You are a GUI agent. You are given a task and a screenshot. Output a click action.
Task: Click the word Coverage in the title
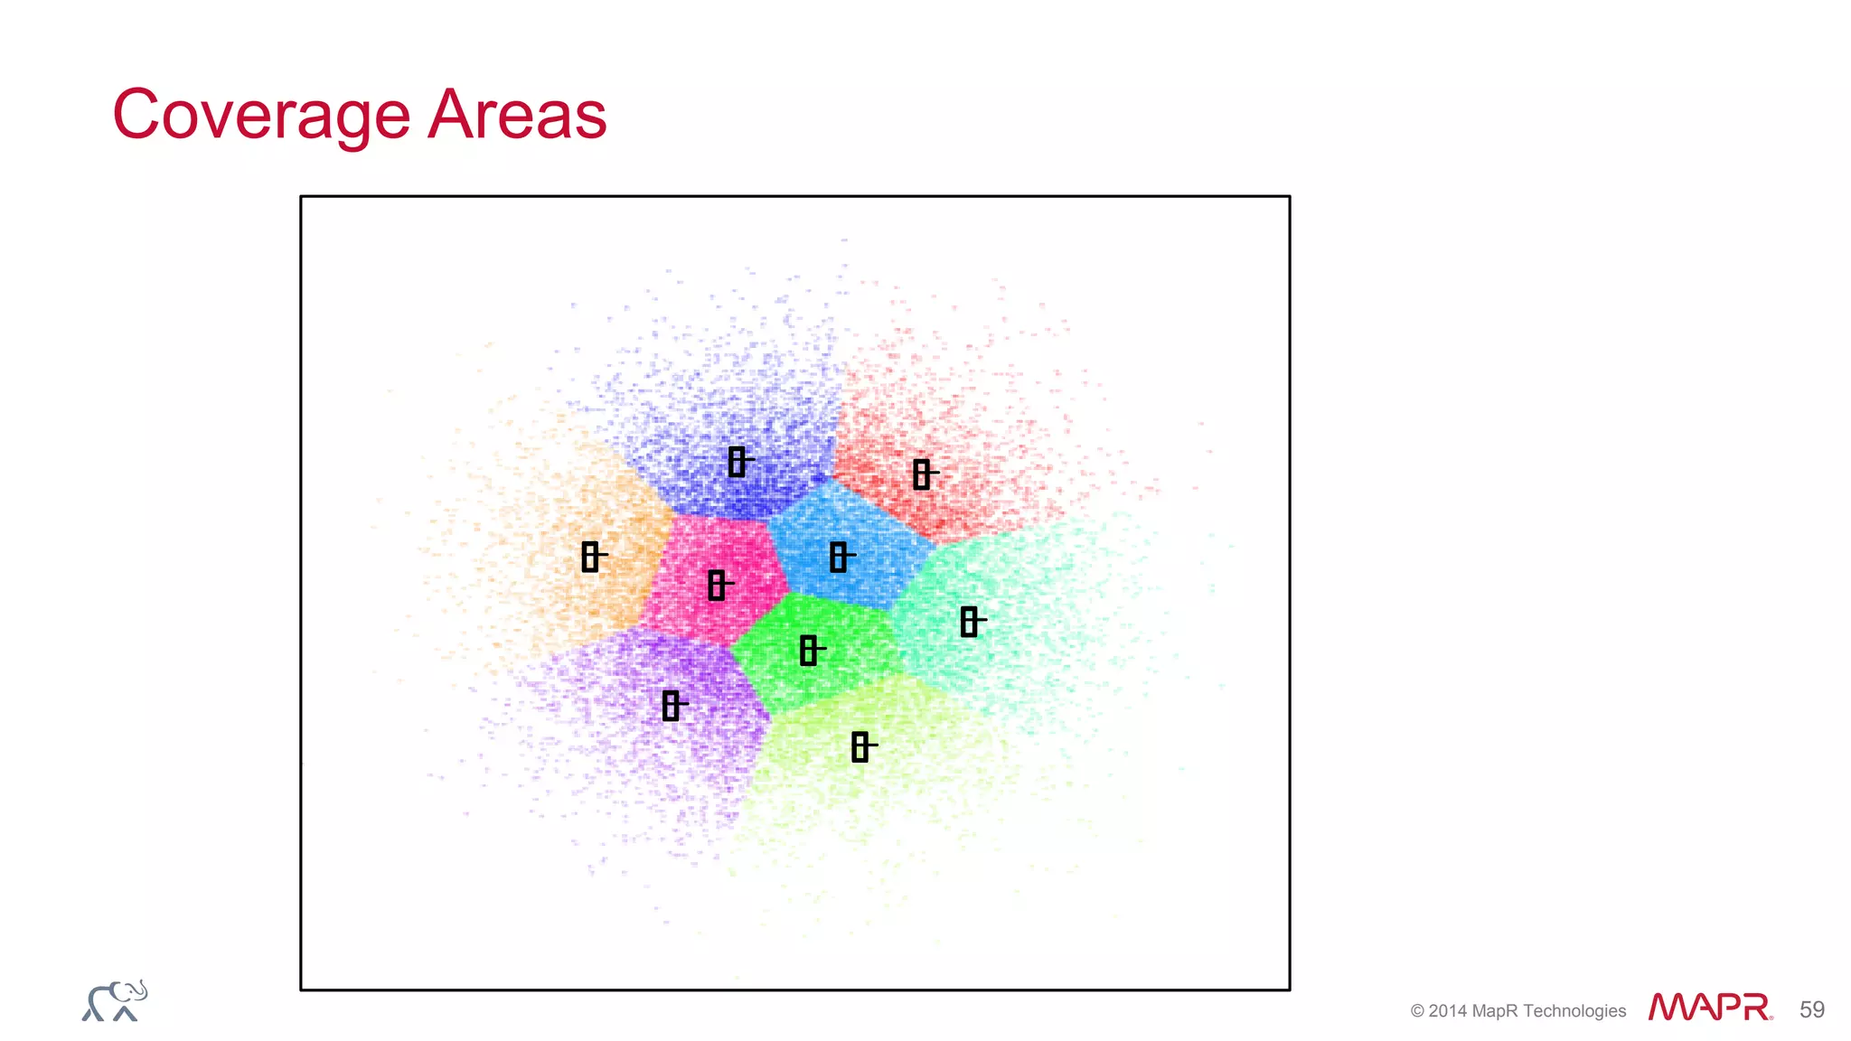click(x=262, y=116)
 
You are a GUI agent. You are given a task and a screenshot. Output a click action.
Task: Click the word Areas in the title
click(x=517, y=116)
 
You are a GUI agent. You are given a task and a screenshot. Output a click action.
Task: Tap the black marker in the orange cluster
click(x=590, y=557)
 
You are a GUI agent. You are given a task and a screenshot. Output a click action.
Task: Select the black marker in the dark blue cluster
click(x=737, y=462)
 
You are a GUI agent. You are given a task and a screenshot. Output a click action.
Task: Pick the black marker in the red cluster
click(x=921, y=474)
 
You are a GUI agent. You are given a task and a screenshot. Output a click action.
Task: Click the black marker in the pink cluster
click(x=717, y=585)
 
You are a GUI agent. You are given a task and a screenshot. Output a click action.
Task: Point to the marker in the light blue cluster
click(x=838, y=557)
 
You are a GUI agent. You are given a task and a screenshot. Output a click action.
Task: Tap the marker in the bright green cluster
click(x=809, y=650)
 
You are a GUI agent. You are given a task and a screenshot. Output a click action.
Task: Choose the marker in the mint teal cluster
click(x=969, y=622)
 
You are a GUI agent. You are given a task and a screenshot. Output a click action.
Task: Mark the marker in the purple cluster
click(x=671, y=705)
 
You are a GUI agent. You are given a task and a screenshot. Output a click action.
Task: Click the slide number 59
click(x=1811, y=1009)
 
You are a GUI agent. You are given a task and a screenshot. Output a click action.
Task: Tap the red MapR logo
click(x=1709, y=1007)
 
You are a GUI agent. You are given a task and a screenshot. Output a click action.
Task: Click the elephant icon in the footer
click(x=115, y=1001)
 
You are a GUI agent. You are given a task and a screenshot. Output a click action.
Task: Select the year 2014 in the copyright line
click(x=1448, y=1011)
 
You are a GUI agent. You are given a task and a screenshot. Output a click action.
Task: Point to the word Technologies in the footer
click(x=1574, y=1011)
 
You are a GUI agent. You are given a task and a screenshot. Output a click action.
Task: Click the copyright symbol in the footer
click(x=1417, y=1011)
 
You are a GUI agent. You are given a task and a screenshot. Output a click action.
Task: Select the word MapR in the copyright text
click(x=1495, y=1011)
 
